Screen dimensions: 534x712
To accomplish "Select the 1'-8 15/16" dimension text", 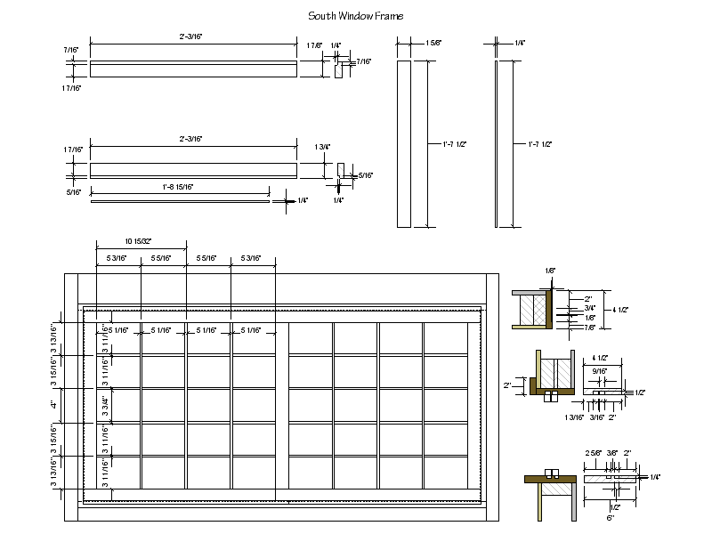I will coord(178,187).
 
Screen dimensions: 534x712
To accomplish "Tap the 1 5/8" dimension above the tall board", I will coord(433,42).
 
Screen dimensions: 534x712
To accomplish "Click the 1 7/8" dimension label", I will coord(314,45).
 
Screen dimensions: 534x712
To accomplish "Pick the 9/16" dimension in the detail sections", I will coord(600,372).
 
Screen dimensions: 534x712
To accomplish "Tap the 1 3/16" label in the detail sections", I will coord(575,416).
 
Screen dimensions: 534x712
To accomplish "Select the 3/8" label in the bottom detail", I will coord(612,453).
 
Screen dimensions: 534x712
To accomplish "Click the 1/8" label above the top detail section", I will coord(550,270).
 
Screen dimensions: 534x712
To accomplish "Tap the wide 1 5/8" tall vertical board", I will coord(405,142).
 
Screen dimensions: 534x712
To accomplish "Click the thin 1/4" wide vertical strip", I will coord(497,142).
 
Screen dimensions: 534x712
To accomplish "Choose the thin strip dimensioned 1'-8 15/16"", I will coord(178,201).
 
